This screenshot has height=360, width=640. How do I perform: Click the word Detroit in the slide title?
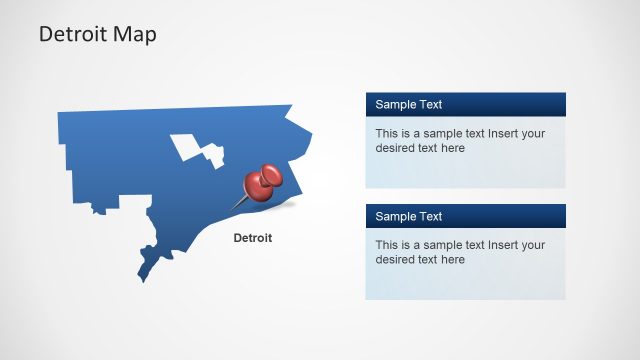click(74, 35)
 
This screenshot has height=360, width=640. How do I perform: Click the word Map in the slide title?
click(135, 35)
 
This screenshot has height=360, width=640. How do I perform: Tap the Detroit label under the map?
click(252, 238)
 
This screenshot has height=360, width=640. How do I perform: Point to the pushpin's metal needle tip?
click(235, 209)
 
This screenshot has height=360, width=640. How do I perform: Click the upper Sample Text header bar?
click(465, 104)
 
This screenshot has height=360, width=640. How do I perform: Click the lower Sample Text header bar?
click(465, 216)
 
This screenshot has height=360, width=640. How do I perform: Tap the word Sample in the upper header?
click(396, 104)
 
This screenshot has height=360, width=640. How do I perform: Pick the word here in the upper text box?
click(452, 148)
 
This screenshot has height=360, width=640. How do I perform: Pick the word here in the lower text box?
click(452, 260)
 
